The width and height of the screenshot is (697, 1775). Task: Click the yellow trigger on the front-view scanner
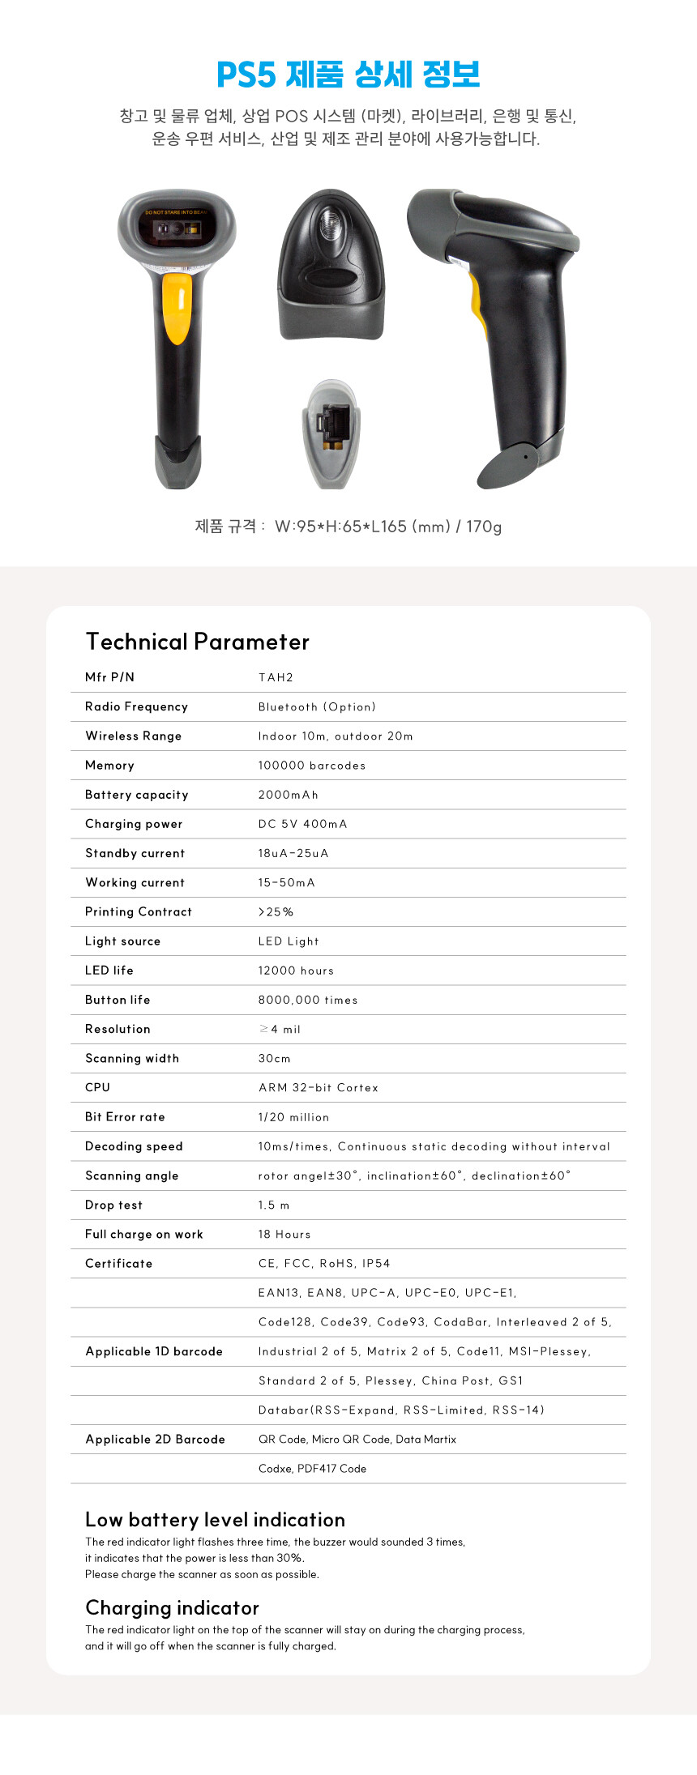[x=177, y=309]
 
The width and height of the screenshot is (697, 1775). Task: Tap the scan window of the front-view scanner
[x=177, y=228]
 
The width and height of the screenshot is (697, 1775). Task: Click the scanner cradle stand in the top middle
[x=331, y=267]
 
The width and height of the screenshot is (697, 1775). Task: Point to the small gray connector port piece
[x=331, y=433]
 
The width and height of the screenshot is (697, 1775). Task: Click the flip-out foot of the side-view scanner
[x=510, y=465]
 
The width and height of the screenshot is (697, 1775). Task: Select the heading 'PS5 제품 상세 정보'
[x=348, y=75]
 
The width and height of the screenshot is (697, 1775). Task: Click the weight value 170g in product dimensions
[x=484, y=527]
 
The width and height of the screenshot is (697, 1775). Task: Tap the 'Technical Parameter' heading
[x=198, y=642]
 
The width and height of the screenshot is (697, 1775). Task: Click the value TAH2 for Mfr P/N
[x=276, y=677]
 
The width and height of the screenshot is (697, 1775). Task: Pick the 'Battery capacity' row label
[x=136, y=795]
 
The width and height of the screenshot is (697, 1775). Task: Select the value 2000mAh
[x=288, y=795]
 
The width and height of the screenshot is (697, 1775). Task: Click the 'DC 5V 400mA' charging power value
[x=302, y=824]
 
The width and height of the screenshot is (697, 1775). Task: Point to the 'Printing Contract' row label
[x=139, y=911]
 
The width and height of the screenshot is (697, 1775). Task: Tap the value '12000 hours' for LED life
[x=296, y=971]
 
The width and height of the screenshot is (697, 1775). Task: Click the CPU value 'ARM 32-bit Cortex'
[x=319, y=1087]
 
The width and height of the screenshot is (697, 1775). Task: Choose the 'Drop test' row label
[x=113, y=1205]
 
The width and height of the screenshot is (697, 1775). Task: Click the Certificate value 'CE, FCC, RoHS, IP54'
[x=324, y=1263]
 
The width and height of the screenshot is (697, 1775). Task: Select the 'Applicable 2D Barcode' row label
[x=155, y=1439]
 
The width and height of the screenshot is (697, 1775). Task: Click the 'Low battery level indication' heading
[x=215, y=1520]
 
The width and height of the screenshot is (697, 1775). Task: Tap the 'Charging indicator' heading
[x=172, y=1608]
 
